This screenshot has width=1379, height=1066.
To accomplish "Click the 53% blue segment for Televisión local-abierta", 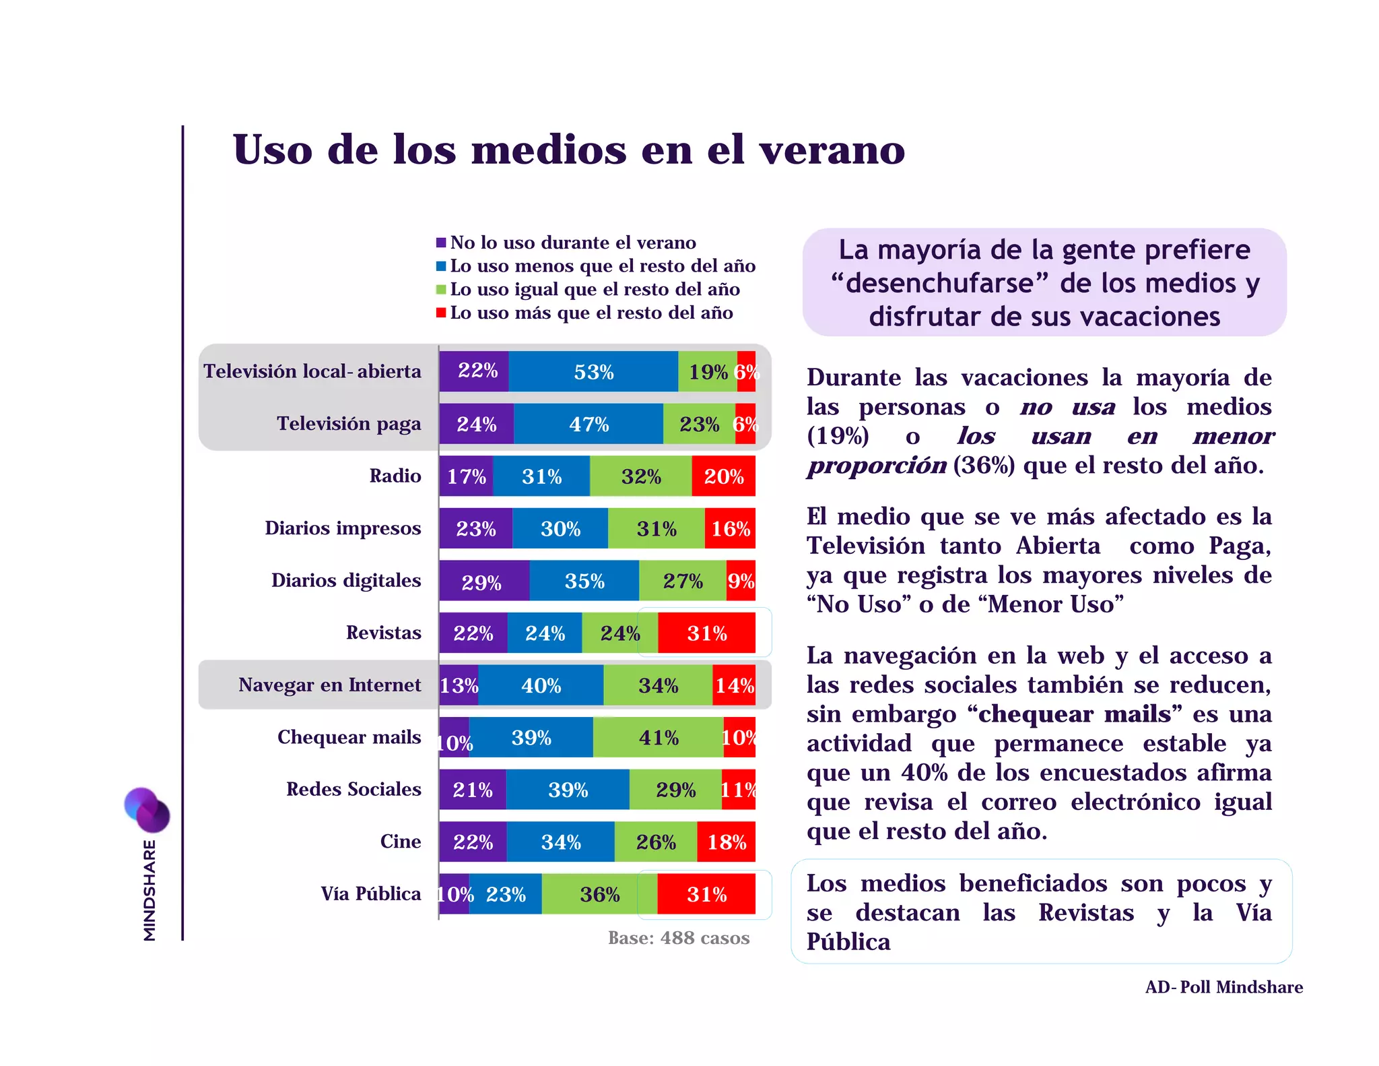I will (x=593, y=371).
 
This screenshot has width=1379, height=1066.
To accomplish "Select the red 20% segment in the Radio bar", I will (x=723, y=476).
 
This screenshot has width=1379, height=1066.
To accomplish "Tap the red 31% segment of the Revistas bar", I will (x=706, y=633).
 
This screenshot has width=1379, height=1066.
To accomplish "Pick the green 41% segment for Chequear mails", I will (x=658, y=737).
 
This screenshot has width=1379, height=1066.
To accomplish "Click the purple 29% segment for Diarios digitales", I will (x=483, y=581).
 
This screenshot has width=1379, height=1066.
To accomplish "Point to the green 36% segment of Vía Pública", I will (x=599, y=894).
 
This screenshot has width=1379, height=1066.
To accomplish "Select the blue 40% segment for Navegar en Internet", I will (x=541, y=685).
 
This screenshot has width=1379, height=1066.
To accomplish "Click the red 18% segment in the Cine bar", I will (x=726, y=842).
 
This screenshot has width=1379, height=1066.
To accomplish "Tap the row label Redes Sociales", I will (x=354, y=789).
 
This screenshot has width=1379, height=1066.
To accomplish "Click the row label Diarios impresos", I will (x=343, y=528).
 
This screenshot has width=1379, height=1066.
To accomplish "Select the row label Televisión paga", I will (x=349, y=424).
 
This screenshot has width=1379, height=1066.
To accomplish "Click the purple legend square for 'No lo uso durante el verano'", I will (x=441, y=243).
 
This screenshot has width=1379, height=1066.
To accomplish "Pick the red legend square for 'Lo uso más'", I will (x=441, y=313).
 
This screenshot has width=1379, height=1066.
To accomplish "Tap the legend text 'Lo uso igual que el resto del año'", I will (x=595, y=289).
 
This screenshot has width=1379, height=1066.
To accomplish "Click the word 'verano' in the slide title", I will (x=832, y=150).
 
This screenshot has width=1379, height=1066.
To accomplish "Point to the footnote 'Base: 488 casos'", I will (x=678, y=938).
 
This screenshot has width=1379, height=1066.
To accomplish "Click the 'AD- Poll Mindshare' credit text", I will (x=1223, y=987).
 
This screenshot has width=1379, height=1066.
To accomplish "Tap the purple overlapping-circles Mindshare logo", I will (x=147, y=809).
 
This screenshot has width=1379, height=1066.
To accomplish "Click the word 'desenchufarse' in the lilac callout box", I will (x=939, y=283).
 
